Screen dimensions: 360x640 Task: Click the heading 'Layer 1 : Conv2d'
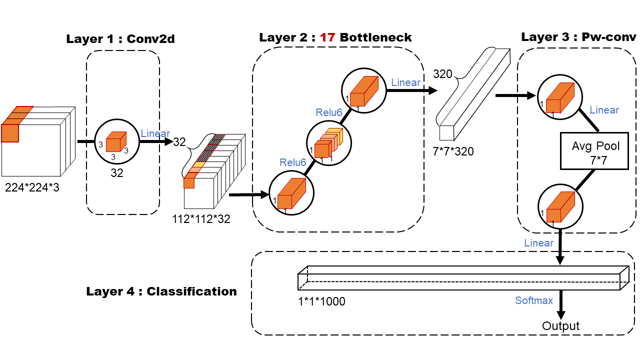pos(120,39)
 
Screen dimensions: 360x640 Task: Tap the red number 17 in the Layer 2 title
pos(327,37)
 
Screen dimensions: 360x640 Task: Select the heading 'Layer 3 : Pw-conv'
pos(578,37)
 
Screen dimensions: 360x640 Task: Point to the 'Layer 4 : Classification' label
pos(161,291)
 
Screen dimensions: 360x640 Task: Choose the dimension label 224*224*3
pos(32,188)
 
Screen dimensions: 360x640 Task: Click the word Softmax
pos(534,300)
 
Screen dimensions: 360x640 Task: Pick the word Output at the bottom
pos(560,326)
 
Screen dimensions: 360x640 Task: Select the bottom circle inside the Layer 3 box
pos(560,206)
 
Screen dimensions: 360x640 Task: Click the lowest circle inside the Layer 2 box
pos(291,192)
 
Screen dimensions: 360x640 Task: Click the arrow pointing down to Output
pos(560,305)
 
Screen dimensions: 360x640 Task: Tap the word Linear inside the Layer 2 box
pos(405,82)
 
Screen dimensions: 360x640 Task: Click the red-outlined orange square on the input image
pos(10,133)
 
